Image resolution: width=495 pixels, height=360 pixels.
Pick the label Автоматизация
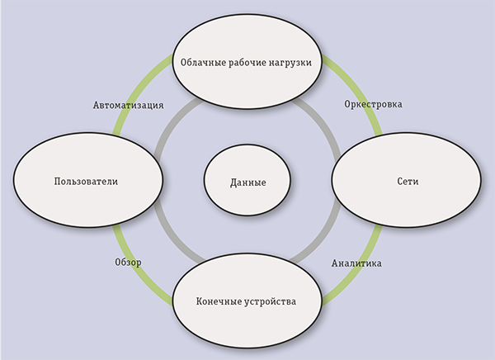point(128,105)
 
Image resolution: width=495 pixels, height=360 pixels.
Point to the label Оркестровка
point(372,105)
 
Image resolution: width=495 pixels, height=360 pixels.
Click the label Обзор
point(128,262)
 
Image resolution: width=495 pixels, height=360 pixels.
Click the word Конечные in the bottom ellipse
point(220,301)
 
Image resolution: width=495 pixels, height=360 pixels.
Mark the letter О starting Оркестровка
point(346,105)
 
